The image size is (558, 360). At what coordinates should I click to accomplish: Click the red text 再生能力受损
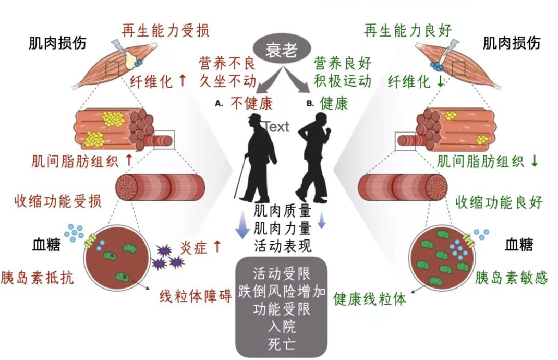pos(165,31)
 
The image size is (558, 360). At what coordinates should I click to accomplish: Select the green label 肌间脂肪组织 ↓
pos(488,161)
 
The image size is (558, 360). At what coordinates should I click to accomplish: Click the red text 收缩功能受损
pos(58,200)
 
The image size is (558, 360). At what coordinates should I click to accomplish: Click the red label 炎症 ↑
pos(201,246)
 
